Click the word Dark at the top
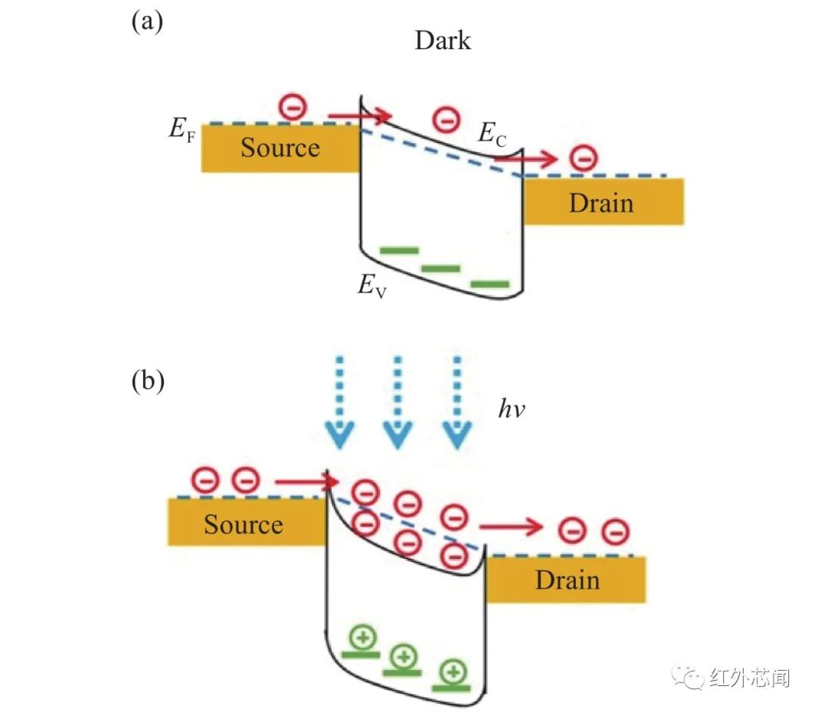pyautogui.click(x=443, y=41)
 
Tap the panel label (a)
pyautogui.click(x=147, y=22)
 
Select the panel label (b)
pyautogui.click(x=148, y=381)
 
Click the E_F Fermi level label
pyautogui.click(x=182, y=129)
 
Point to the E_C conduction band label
pyautogui.click(x=492, y=133)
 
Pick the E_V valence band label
pyautogui.click(x=371, y=285)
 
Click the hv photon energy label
pyautogui.click(x=511, y=409)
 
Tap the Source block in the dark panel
pyautogui.click(x=281, y=148)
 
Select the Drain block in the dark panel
pyautogui.click(x=604, y=201)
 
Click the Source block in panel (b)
pyautogui.click(x=247, y=523)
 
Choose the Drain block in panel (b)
pyautogui.click(x=566, y=579)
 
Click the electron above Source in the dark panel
pyautogui.click(x=293, y=107)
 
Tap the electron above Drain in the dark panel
pyautogui.click(x=583, y=158)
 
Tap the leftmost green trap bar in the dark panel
pyautogui.click(x=399, y=250)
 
